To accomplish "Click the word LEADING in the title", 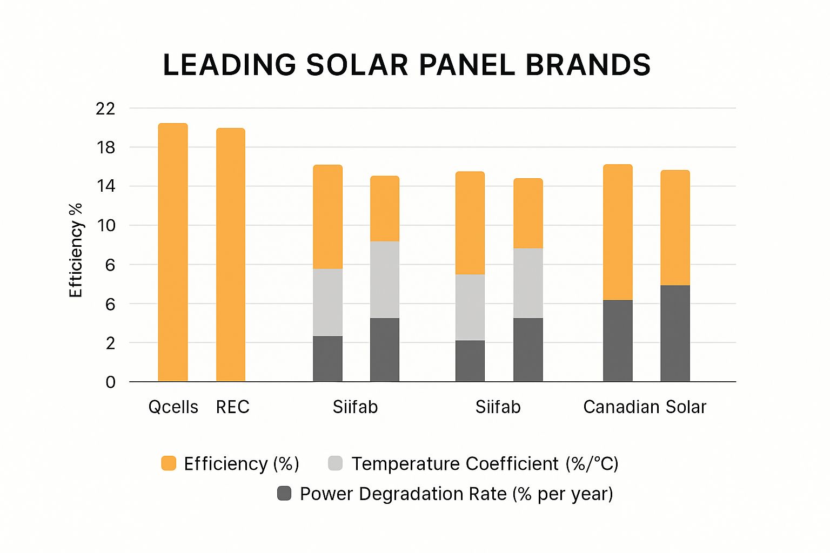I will [x=229, y=65].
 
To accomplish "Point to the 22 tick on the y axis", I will [x=105, y=109].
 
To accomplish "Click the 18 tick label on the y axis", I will [x=106, y=147].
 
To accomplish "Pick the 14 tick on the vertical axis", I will [x=106, y=186].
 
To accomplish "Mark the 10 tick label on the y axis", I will [x=106, y=225].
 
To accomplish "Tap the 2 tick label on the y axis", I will [x=110, y=343].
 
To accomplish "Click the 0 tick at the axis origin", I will [x=110, y=382].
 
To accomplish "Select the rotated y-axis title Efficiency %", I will [x=76, y=250].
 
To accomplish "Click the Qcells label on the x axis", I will [x=173, y=407].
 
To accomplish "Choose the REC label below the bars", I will [x=232, y=407].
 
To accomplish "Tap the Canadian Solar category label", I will [x=644, y=407].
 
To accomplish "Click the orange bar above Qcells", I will [x=173, y=252].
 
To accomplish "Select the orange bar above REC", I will [x=231, y=255].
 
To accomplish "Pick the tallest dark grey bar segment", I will [x=675, y=333].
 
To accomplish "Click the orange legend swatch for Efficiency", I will [x=169, y=463].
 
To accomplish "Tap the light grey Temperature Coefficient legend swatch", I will [x=335, y=463].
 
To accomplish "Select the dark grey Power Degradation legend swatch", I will [x=284, y=493].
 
